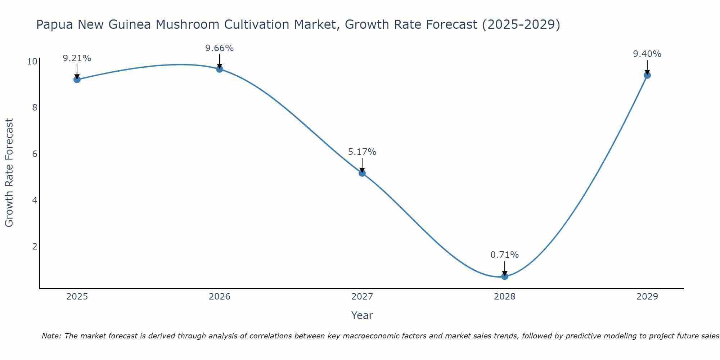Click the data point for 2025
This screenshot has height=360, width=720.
[77, 80]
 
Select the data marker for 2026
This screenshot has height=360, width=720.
[220, 69]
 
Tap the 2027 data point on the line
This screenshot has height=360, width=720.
[362, 173]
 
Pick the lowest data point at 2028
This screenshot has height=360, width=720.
[505, 276]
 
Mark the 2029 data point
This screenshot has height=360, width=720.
[647, 75]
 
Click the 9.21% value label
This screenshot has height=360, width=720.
[77, 58]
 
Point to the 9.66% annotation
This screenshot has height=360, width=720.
[220, 48]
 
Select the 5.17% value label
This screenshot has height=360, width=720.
[362, 152]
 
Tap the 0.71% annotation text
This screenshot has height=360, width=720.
[505, 255]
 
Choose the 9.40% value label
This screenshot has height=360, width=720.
[647, 54]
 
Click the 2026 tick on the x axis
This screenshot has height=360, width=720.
[220, 297]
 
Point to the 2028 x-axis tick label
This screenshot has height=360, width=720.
[505, 297]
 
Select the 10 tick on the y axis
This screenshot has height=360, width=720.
[32, 62]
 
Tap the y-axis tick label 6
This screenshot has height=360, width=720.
[35, 154]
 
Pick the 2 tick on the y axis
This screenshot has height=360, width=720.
[35, 247]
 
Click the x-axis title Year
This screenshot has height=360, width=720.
[362, 315]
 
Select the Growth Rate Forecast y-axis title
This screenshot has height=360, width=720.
[9, 173]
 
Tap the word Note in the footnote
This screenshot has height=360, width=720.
[51, 336]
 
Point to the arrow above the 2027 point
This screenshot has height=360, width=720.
[362, 166]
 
